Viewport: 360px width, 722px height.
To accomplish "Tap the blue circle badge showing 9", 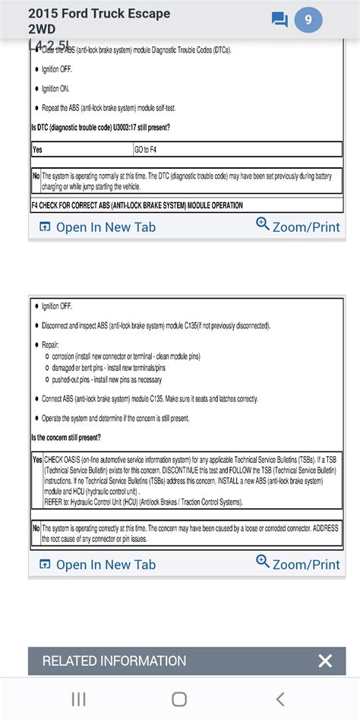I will [x=308, y=21].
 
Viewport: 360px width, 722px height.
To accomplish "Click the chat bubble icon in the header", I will [x=279, y=21].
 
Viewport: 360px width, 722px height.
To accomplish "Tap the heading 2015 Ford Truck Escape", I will [x=99, y=14].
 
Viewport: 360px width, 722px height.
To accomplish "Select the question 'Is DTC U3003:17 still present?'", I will [x=100, y=127].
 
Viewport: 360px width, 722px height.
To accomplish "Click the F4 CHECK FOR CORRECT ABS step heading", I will [x=137, y=205].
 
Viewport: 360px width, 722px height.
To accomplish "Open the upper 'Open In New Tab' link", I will [x=96, y=227].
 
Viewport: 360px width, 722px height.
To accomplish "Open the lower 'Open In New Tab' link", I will [x=96, y=564].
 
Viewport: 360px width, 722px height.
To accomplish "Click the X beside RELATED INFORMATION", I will [x=325, y=661].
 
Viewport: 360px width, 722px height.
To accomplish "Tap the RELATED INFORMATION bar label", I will [x=114, y=661].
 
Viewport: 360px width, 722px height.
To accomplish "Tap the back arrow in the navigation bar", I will [x=280, y=699].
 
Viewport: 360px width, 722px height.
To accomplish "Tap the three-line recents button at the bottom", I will [x=77, y=699].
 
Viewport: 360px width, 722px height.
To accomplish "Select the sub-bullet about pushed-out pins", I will [x=106, y=379].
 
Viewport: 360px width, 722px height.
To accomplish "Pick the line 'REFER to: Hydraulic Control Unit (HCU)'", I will [x=144, y=502].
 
